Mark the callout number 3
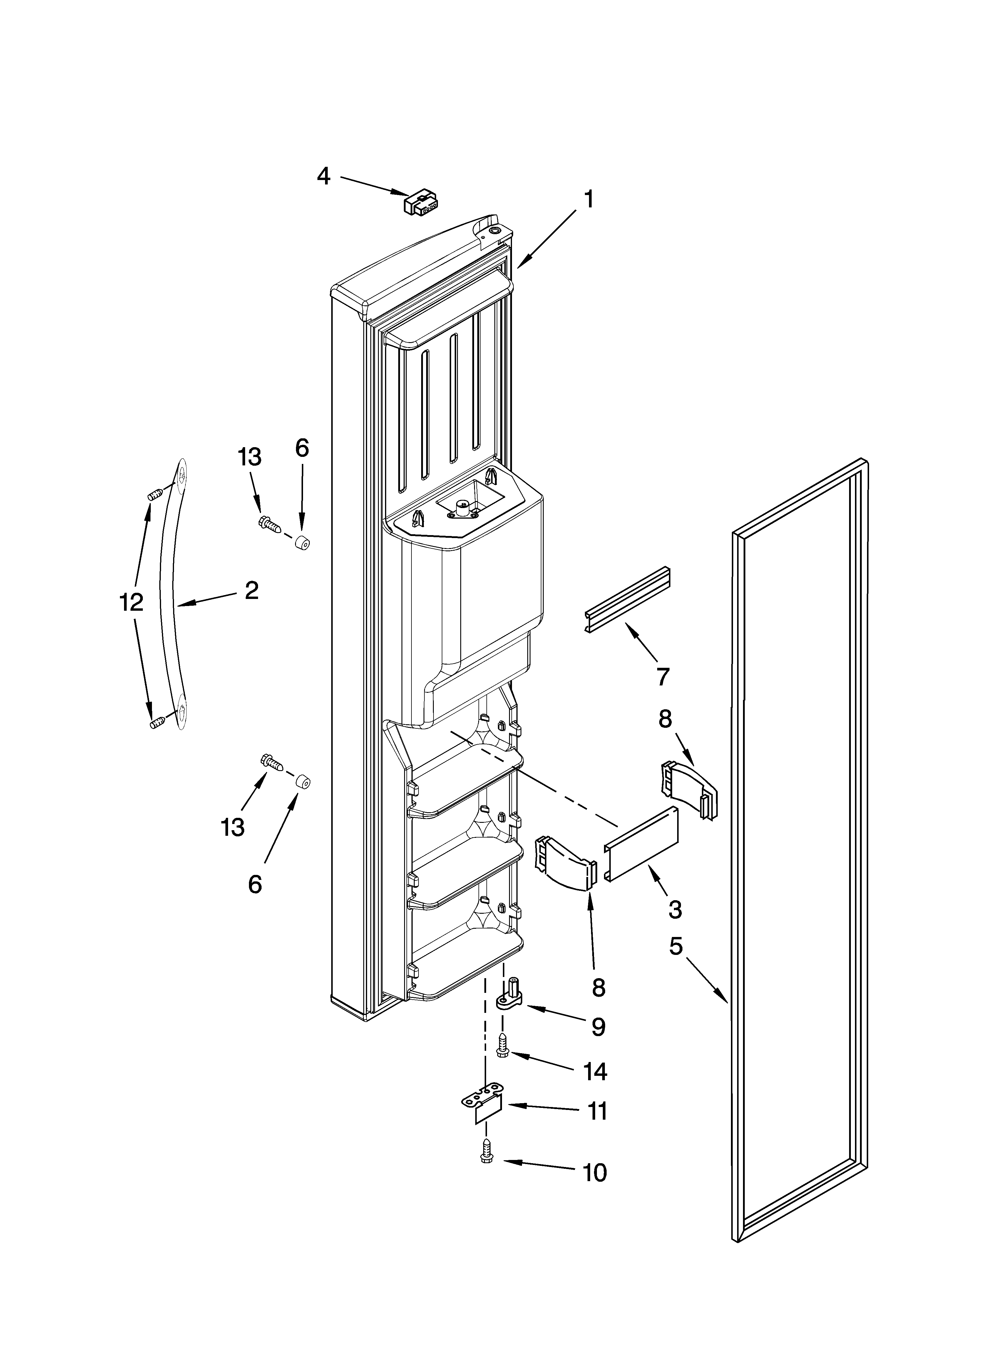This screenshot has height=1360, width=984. tap(675, 910)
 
